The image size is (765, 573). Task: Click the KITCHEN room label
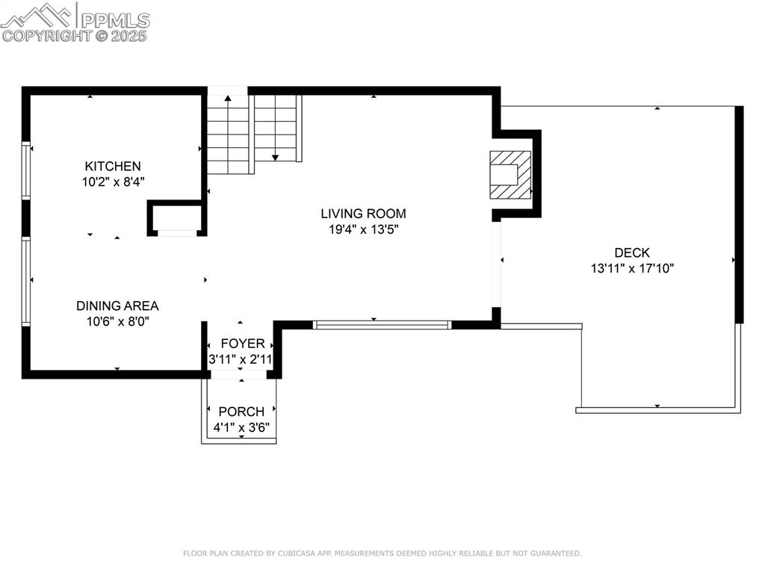pos(112,166)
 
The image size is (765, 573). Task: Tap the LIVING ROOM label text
pos(364,214)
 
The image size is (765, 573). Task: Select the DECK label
pos(632,253)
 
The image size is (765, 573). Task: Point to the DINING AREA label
pos(117,306)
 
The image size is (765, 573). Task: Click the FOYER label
pos(242,344)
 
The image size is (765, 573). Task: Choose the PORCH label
pos(241,412)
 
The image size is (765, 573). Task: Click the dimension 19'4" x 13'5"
pos(364,230)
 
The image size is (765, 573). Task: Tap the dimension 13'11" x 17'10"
pos(632,268)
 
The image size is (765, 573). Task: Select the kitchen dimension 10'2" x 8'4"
pos(112,182)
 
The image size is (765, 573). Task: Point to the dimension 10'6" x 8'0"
pos(117,321)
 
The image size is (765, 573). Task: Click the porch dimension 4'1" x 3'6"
pos(241,427)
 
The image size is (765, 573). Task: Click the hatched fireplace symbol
pos(510,175)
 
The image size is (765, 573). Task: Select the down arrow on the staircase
pos(275,156)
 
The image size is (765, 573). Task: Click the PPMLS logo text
pos(114,20)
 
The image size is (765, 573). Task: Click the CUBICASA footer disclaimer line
pos(382,554)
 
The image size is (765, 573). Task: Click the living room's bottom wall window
pos(382,324)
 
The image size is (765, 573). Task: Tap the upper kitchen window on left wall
pos(26,170)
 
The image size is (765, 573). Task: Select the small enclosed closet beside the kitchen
pos(177,217)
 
